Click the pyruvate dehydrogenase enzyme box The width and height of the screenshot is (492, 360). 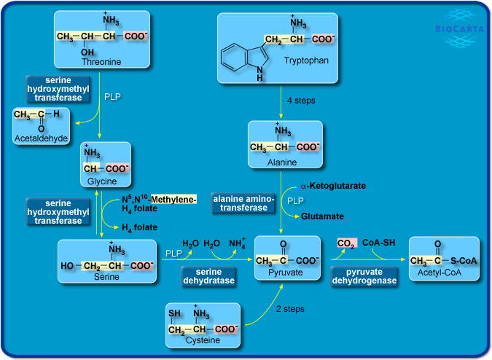click(364, 275)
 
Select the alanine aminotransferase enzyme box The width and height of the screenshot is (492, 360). click(244, 203)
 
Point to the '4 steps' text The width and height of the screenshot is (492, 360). click(301, 100)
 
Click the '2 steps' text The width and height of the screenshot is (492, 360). click(290, 309)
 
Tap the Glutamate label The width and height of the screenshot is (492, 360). click(323, 216)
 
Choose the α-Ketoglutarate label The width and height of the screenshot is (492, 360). click(333, 186)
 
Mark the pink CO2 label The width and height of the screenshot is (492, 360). click(346, 243)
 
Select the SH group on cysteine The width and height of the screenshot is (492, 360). click(175, 314)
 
